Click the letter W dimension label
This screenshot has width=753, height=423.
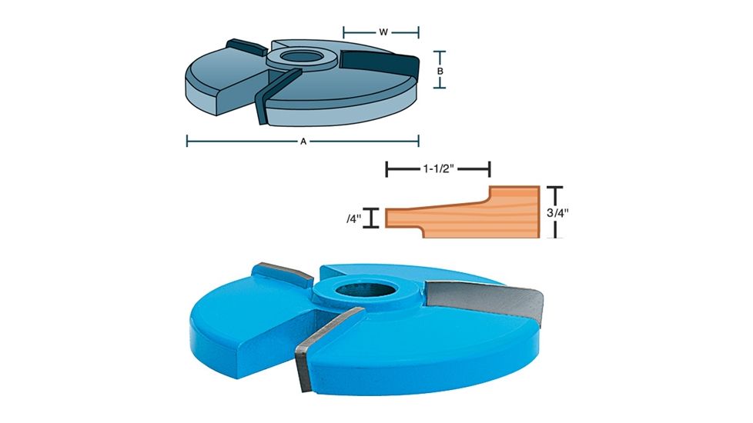(x=383, y=32)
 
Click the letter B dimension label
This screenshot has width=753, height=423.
(x=440, y=70)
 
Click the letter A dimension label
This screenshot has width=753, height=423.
(x=303, y=141)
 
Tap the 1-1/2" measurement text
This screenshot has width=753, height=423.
(x=438, y=168)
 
